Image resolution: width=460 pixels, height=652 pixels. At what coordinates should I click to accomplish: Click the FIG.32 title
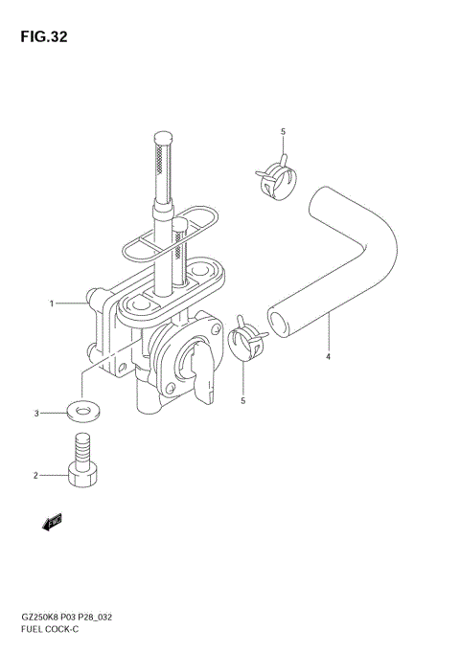click(44, 36)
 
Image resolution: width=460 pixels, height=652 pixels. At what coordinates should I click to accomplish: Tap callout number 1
click(52, 304)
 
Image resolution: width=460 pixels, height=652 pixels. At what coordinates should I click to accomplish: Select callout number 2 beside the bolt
click(35, 475)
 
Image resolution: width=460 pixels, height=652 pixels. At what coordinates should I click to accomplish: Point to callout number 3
click(36, 414)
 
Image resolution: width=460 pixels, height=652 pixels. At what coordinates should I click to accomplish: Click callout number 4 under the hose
click(328, 356)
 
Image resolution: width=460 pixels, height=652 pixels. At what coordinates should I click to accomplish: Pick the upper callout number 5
click(283, 132)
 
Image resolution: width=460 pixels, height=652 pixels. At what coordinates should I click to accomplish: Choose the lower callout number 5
click(243, 401)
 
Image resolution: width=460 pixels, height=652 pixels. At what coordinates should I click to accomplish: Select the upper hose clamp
click(277, 180)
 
